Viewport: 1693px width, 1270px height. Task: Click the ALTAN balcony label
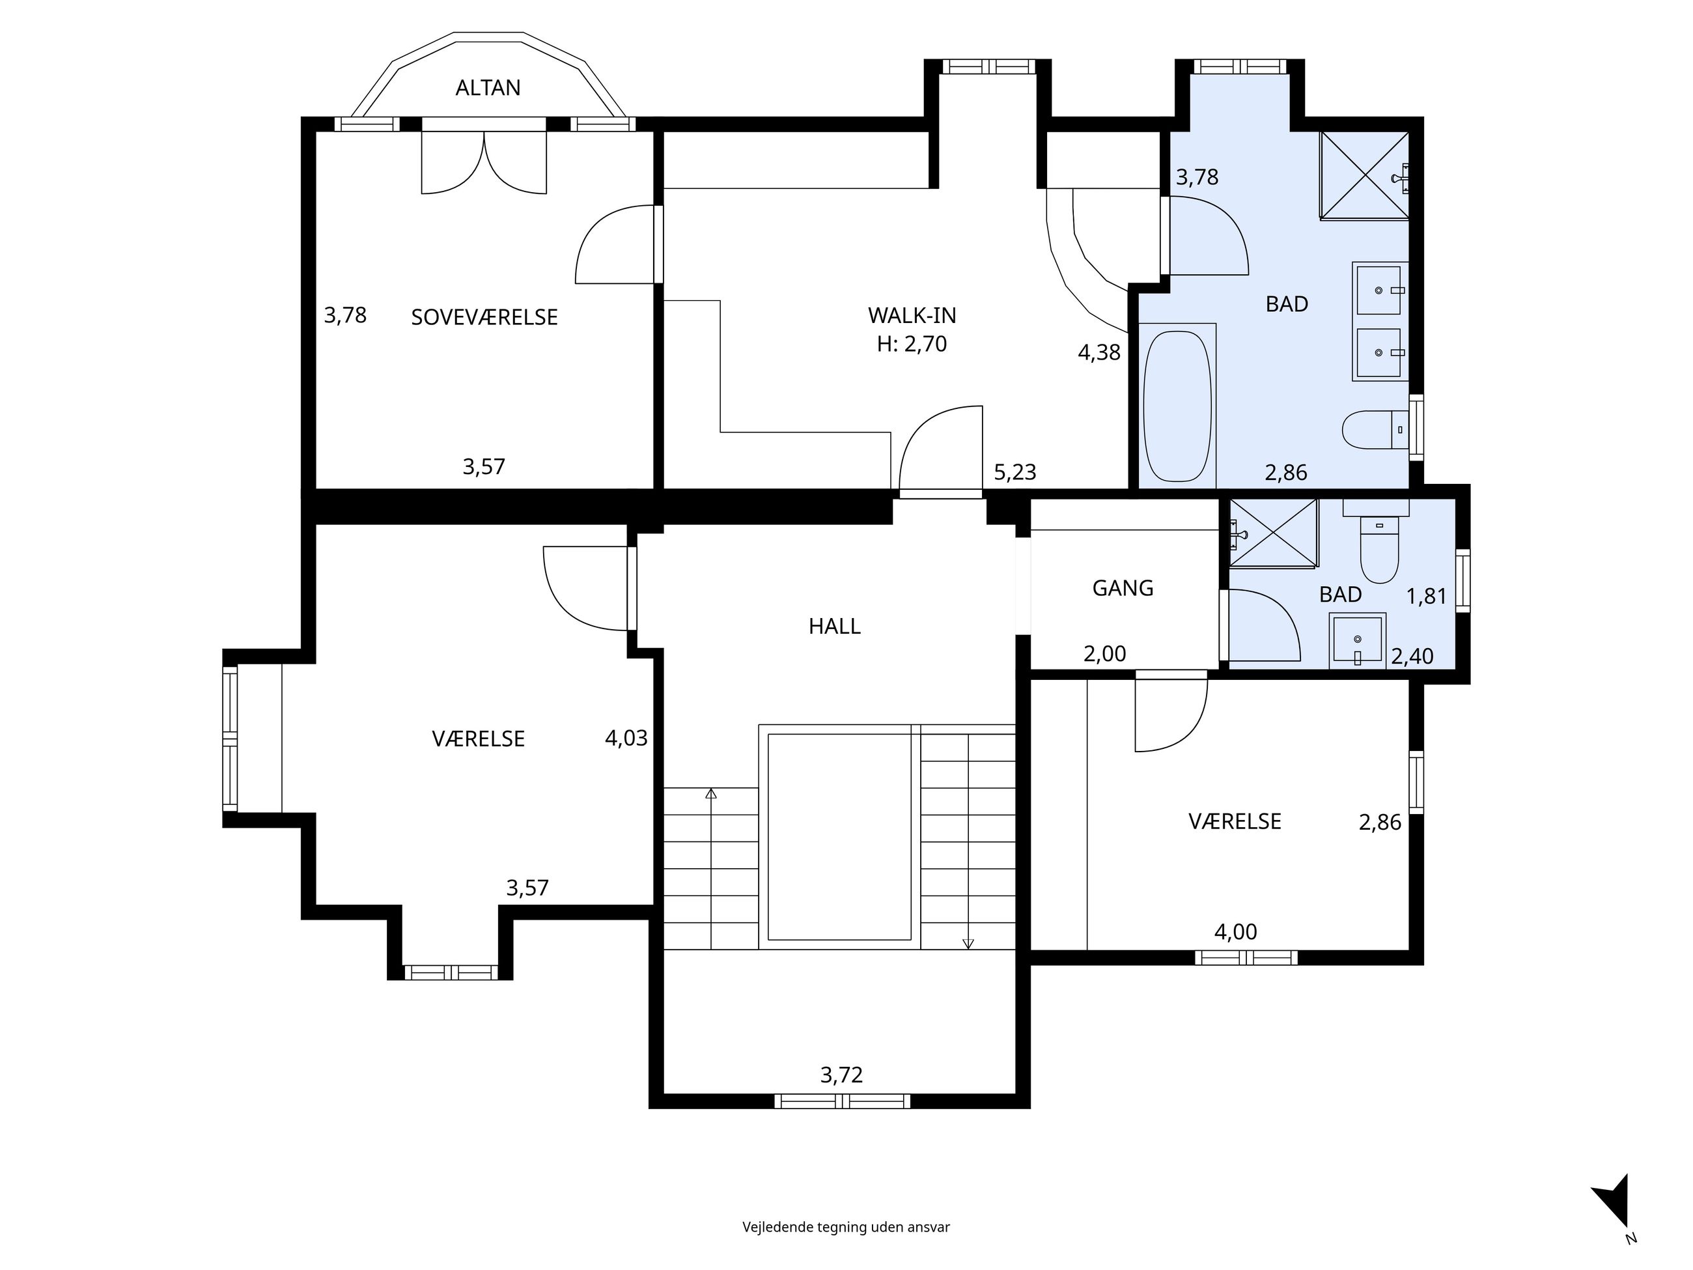(x=488, y=88)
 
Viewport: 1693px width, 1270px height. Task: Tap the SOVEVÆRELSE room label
(x=484, y=317)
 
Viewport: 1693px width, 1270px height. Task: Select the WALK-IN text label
(x=912, y=315)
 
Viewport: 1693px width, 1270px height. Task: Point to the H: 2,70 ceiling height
(x=912, y=345)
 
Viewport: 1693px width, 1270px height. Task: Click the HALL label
(x=834, y=626)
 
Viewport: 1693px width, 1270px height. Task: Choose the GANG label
(x=1123, y=588)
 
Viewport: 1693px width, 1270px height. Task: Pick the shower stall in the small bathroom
(x=1274, y=533)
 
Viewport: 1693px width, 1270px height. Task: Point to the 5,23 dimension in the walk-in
(x=1015, y=472)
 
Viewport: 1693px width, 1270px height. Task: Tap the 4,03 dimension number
(x=626, y=738)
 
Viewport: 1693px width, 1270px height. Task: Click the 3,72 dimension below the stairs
(x=842, y=1075)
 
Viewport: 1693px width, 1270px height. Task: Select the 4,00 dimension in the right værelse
(x=1236, y=931)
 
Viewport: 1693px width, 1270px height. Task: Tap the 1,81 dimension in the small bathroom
(x=1427, y=597)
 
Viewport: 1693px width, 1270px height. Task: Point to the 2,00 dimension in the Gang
(x=1104, y=654)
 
